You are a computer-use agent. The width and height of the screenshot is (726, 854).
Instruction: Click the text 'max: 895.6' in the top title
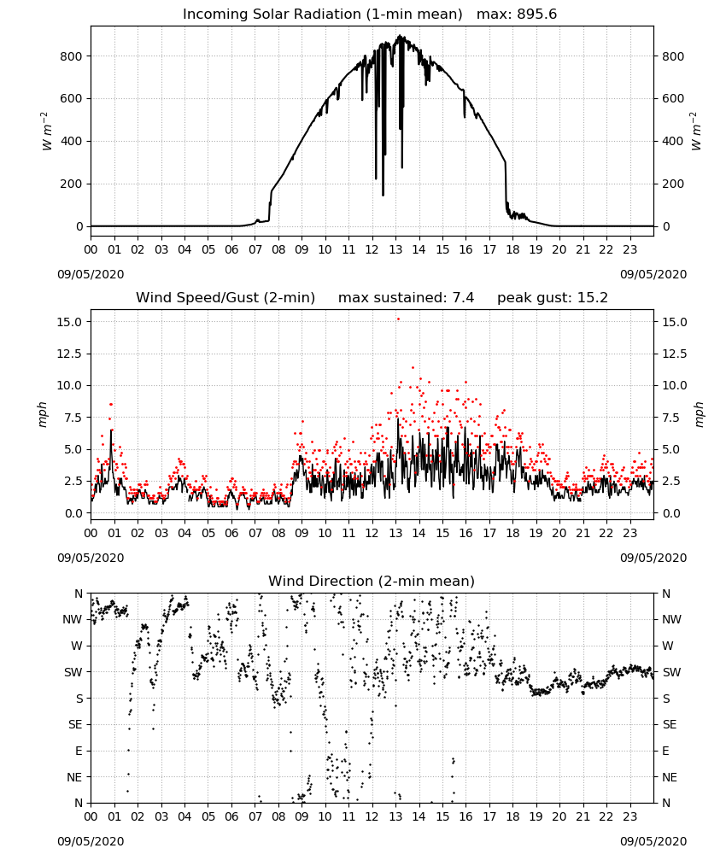(517, 15)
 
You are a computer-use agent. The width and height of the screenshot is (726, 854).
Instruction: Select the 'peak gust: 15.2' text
(553, 298)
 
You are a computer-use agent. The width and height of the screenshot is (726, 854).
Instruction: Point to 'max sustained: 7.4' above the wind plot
(406, 298)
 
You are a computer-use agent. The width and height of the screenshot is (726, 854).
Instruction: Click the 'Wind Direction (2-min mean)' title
(372, 581)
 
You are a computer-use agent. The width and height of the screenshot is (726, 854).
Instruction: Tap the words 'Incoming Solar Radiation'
(272, 15)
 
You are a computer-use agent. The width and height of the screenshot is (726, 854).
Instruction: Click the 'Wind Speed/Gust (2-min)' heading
(225, 298)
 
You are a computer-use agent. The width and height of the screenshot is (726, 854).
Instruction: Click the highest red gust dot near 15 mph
(398, 319)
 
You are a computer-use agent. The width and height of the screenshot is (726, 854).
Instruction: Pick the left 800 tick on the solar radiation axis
(72, 56)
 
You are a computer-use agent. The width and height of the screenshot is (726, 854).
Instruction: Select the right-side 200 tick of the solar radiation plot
(673, 184)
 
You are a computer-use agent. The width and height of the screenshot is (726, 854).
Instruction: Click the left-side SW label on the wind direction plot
(73, 672)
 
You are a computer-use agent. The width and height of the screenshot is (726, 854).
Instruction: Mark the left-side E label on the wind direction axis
(79, 751)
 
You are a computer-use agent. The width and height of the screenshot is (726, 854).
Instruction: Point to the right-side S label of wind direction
(665, 699)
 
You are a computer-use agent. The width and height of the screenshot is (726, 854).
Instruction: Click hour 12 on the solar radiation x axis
(372, 250)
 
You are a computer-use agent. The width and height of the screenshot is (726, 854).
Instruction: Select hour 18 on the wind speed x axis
(512, 533)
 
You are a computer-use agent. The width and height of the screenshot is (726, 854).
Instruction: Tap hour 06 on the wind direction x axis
(231, 816)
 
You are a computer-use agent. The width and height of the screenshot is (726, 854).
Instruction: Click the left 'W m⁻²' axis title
(47, 131)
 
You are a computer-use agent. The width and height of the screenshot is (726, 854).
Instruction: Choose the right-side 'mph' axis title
(699, 414)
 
